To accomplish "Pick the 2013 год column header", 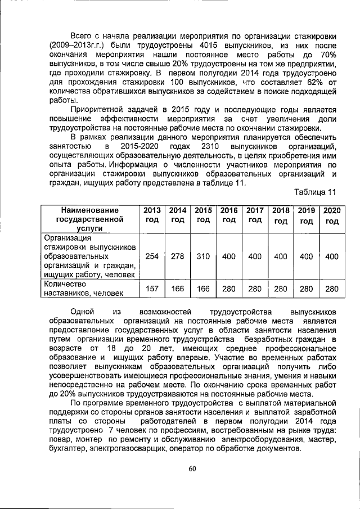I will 152,215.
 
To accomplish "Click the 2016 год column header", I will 229,215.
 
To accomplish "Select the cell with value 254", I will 152,256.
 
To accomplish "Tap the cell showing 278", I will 178,256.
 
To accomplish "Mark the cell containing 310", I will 203,256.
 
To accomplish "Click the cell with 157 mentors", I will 152,289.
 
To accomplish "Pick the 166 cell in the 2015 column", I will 203,289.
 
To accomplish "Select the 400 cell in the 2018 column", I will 280,256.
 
